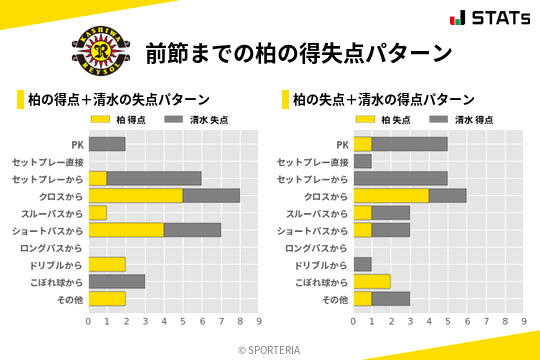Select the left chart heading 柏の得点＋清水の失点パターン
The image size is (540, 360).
click(x=118, y=99)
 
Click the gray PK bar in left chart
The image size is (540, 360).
click(x=107, y=144)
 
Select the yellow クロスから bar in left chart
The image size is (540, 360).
click(x=136, y=195)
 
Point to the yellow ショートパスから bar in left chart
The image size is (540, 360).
click(x=126, y=230)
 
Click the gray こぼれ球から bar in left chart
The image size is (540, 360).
click(x=117, y=281)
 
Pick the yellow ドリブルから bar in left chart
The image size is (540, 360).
click(x=107, y=264)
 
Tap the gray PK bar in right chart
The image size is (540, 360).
click(x=410, y=144)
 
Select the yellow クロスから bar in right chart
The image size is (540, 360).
click(x=391, y=195)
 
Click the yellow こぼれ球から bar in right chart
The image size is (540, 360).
click(x=372, y=281)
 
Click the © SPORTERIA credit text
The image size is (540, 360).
click(x=270, y=349)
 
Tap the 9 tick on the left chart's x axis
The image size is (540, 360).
click(x=259, y=321)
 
